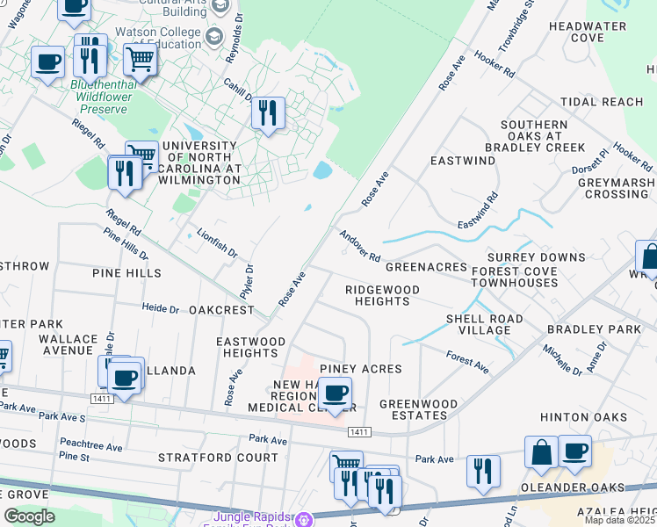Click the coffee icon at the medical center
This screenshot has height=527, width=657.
(334, 393)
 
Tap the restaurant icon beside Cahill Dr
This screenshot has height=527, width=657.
(269, 112)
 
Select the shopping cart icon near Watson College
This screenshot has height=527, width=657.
(140, 61)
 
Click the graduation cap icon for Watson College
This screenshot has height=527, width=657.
(213, 37)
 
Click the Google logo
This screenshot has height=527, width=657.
(29, 516)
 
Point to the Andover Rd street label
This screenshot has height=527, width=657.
(360, 245)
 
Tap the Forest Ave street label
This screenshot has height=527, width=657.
(466, 360)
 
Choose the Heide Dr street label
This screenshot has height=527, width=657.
(162, 308)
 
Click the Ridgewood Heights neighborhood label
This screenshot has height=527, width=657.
(382, 295)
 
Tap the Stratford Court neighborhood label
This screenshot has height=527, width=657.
(218, 458)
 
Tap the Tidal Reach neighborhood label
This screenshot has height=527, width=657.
(602, 102)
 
